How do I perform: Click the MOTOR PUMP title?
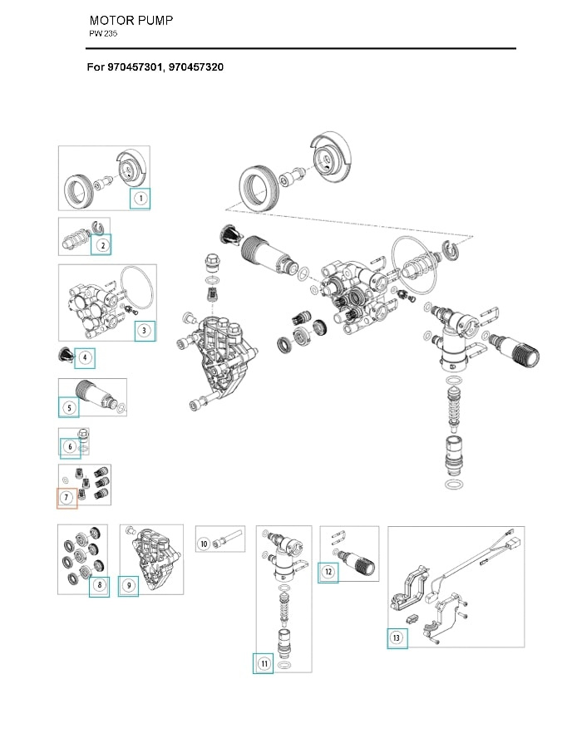(131, 20)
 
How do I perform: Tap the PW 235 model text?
(104, 34)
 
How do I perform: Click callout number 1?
(141, 199)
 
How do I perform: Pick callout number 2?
(101, 244)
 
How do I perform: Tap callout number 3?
(145, 331)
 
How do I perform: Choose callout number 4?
(85, 358)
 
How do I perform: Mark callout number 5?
(69, 407)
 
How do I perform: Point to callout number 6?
(71, 448)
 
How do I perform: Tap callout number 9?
(128, 586)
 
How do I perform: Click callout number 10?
(204, 544)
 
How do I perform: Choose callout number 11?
(264, 663)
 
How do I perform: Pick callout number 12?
(328, 572)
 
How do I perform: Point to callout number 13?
(397, 638)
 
